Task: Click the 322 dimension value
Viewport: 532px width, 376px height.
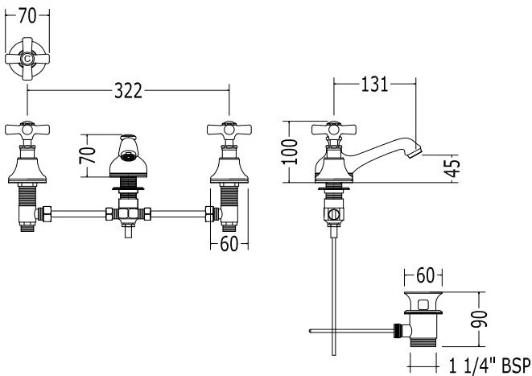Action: (x=127, y=91)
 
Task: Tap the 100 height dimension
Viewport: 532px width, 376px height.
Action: (x=293, y=151)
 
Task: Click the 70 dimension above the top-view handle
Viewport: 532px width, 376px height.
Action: (x=27, y=14)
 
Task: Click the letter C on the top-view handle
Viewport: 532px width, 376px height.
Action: (x=27, y=59)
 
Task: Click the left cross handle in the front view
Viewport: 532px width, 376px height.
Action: (x=27, y=129)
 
